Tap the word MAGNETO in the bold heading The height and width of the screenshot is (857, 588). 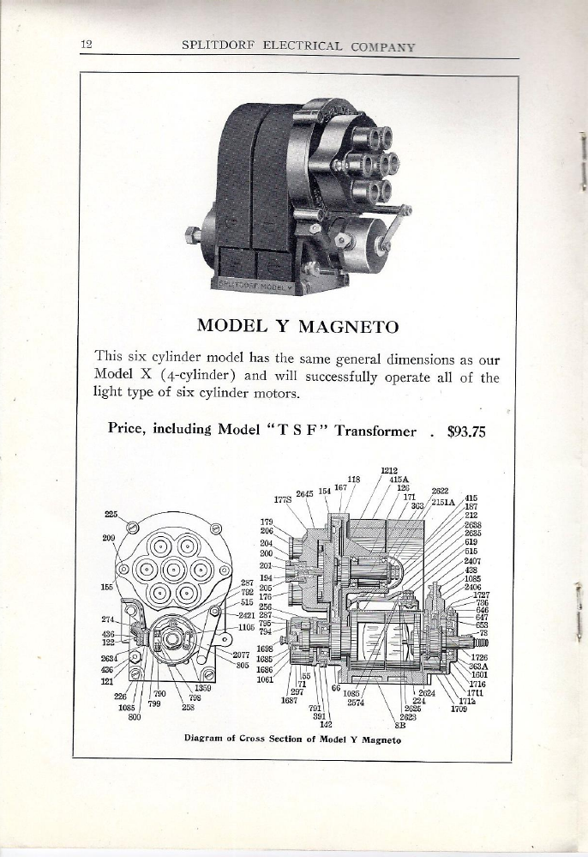[350, 326]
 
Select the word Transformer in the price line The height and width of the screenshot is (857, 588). [375, 432]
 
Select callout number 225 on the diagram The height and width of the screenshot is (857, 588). [111, 515]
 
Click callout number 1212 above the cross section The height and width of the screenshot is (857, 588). [387, 471]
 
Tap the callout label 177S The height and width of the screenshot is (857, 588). [283, 498]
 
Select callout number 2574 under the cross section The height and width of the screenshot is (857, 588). [357, 701]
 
